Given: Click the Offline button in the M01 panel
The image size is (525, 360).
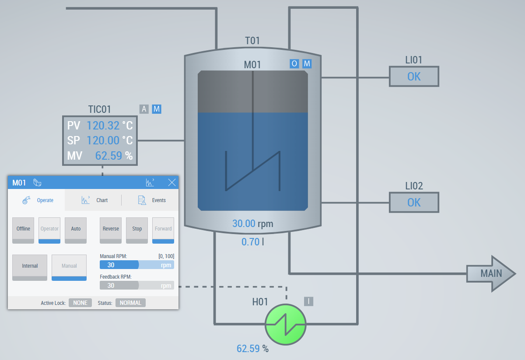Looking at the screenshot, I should pos(23,229).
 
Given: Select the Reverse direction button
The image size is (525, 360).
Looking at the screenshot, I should pos(111,229).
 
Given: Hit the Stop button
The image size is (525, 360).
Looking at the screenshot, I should pos(137,229).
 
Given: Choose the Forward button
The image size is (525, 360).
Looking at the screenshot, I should pos(163,229).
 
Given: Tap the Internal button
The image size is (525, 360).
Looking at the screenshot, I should pos(30,266).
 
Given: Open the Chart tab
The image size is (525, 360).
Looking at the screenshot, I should pos(95,200).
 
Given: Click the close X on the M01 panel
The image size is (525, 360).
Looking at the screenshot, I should pos(172,182).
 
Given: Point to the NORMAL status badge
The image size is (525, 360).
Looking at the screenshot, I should pos(130,303).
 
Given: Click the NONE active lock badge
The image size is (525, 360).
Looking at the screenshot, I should pos(80,303).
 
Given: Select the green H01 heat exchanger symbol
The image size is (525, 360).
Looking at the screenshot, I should pos(285,324).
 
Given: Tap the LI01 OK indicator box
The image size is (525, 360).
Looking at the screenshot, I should pos(414,77).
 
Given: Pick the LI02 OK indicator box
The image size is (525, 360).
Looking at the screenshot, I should pos(414,203).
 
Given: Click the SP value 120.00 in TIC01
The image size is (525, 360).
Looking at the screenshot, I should pos(103,140).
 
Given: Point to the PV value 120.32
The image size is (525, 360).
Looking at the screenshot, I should pos(103,126).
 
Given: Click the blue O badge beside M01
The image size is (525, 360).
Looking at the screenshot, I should pos(294,64).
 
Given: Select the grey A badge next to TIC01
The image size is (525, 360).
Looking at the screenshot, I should pos(144,109).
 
